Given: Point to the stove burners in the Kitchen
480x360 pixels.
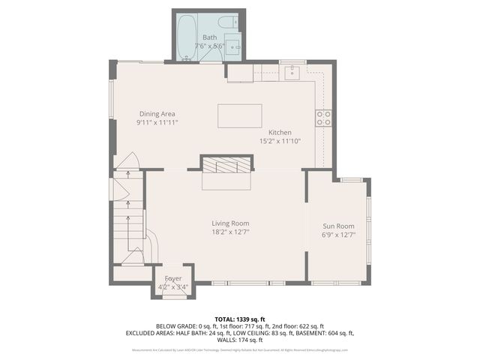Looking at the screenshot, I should click(x=324, y=118).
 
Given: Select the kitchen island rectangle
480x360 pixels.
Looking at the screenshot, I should click(x=240, y=116).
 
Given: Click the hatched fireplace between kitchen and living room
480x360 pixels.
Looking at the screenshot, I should click(x=226, y=165).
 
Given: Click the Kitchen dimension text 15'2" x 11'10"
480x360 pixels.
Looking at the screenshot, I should click(x=280, y=140).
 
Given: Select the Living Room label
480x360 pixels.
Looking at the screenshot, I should click(x=230, y=223).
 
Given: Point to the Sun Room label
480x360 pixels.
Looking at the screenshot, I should click(x=338, y=226).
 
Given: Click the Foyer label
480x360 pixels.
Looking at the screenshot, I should click(x=173, y=278).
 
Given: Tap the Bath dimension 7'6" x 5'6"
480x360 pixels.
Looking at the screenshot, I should click(x=210, y=46).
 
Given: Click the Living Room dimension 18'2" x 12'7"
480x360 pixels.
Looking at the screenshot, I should click(x=230, y=232).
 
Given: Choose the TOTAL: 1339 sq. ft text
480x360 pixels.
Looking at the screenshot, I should click(x=240, y=319).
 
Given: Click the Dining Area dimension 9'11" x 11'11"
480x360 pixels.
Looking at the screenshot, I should click(x=157, y=123).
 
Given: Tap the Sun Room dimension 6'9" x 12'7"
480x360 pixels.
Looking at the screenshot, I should click(x=338, y=235).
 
